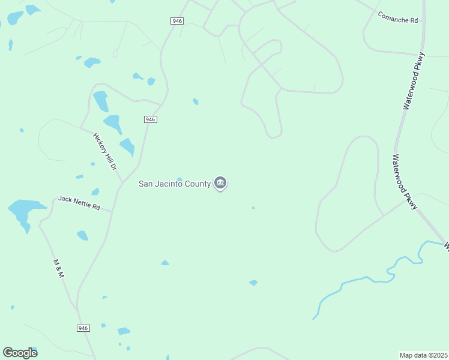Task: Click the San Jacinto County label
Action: click(175, 184)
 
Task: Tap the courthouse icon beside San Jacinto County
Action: click(220, 183)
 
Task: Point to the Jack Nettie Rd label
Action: click(79, 202)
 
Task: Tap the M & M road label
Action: click(58, 268)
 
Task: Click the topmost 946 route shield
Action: click(176, 21)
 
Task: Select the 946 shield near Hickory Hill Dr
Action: click(151, 119)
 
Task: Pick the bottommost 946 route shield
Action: click(83, 328)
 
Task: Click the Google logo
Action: click(20, 352)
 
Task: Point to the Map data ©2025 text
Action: click(423, 355)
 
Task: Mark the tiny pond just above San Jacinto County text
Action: click(179, 178)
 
